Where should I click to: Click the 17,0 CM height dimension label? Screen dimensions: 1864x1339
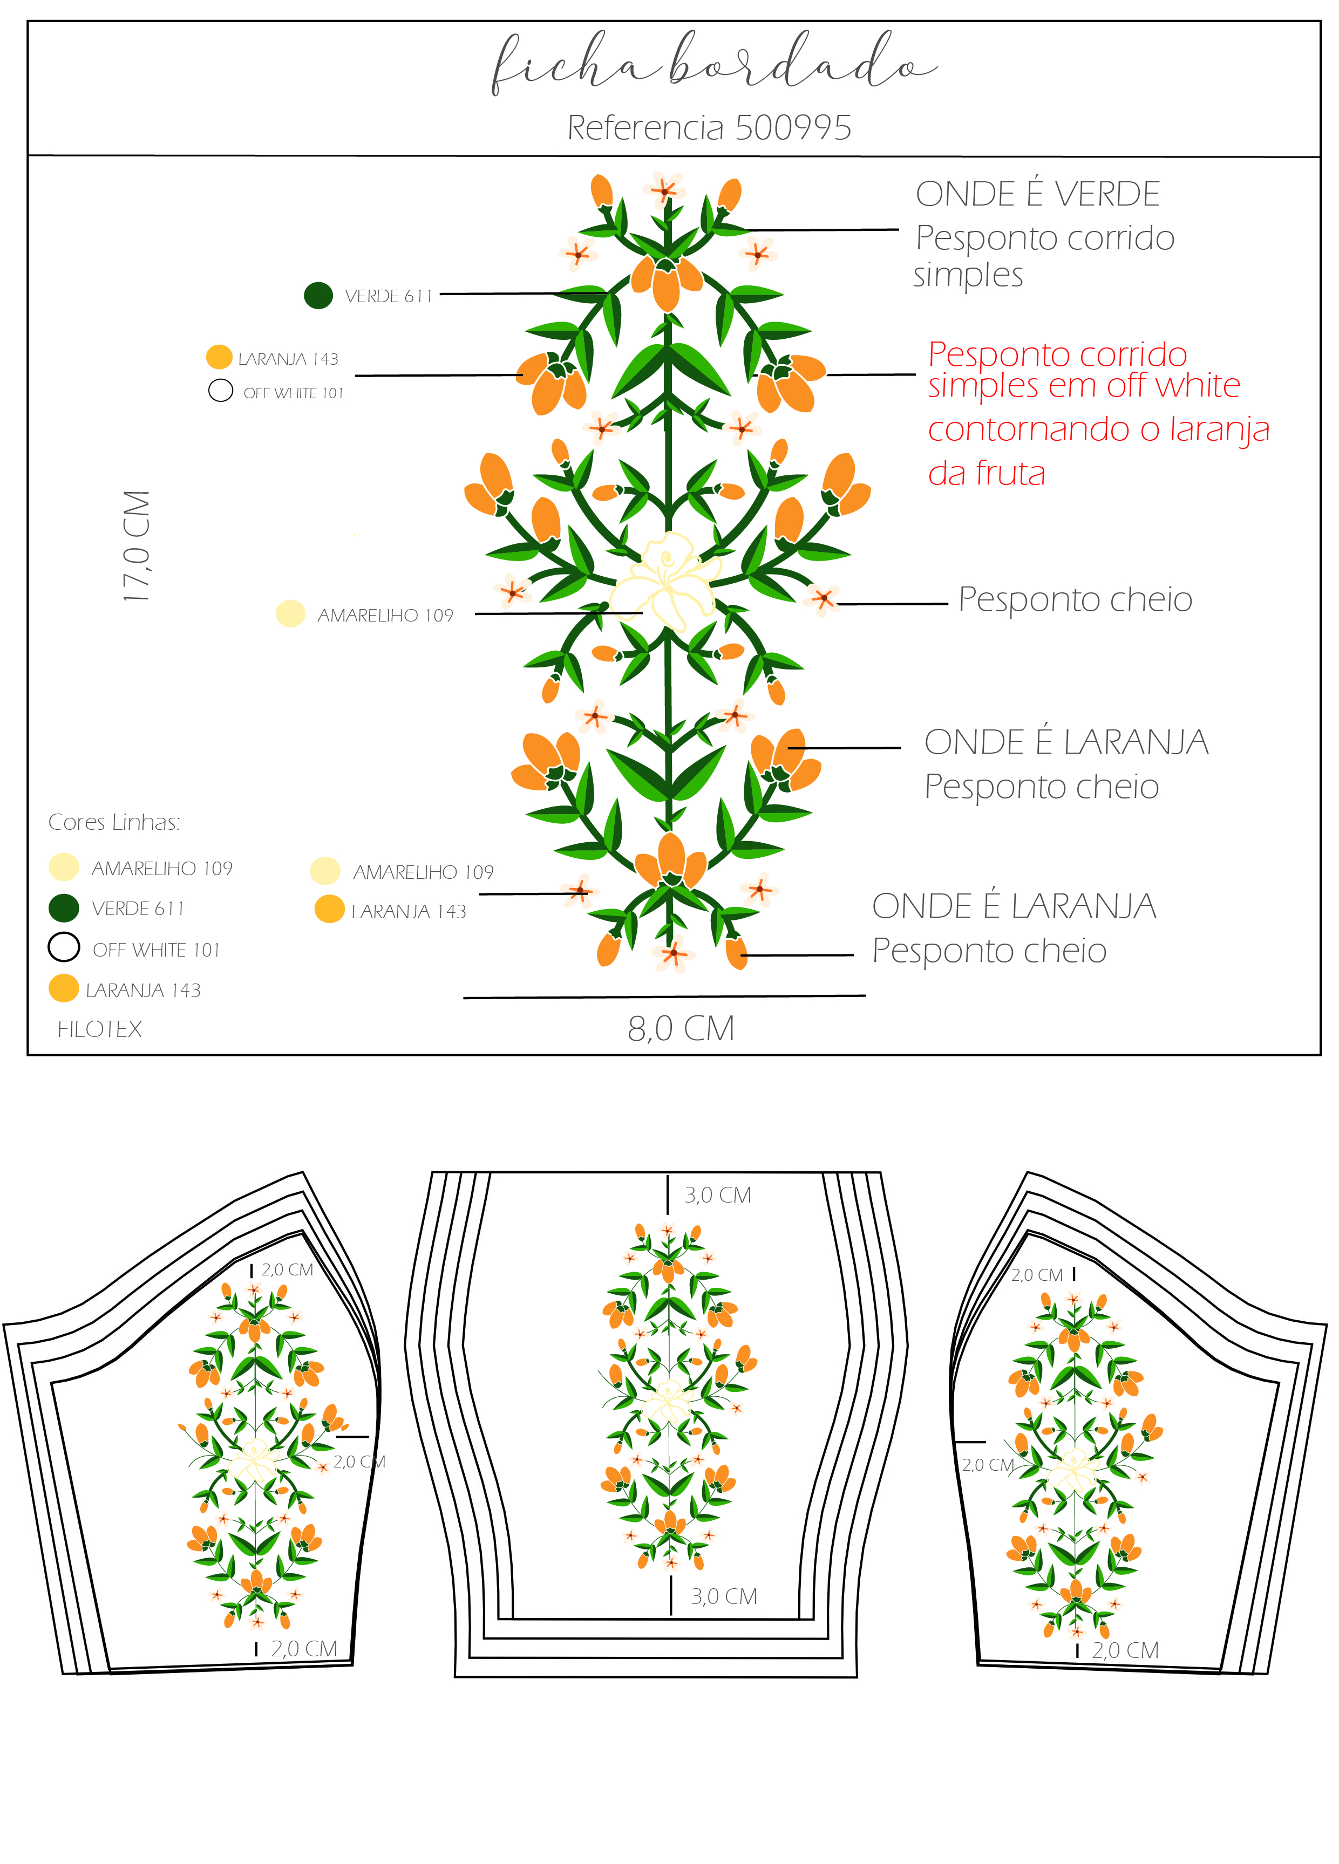point(137,546)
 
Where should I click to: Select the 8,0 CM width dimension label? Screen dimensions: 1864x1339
point(681,1028)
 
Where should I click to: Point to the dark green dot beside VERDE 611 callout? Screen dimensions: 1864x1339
point(318,295)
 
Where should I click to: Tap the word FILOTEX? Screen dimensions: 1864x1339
point(99,1029)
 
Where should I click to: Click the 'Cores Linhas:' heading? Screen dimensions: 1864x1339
point(114,822)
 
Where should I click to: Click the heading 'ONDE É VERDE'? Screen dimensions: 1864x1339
point(1037,194)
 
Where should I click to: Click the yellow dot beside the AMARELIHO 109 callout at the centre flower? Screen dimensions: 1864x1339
point(290,613)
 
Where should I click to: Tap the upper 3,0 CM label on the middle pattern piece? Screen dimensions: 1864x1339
point(718,1195)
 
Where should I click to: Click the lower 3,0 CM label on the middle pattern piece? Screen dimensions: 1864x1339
point(723,1596)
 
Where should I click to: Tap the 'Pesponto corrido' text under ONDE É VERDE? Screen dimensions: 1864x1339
point(1045,238)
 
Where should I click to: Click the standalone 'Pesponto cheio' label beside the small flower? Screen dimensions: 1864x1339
point(1075,599)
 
